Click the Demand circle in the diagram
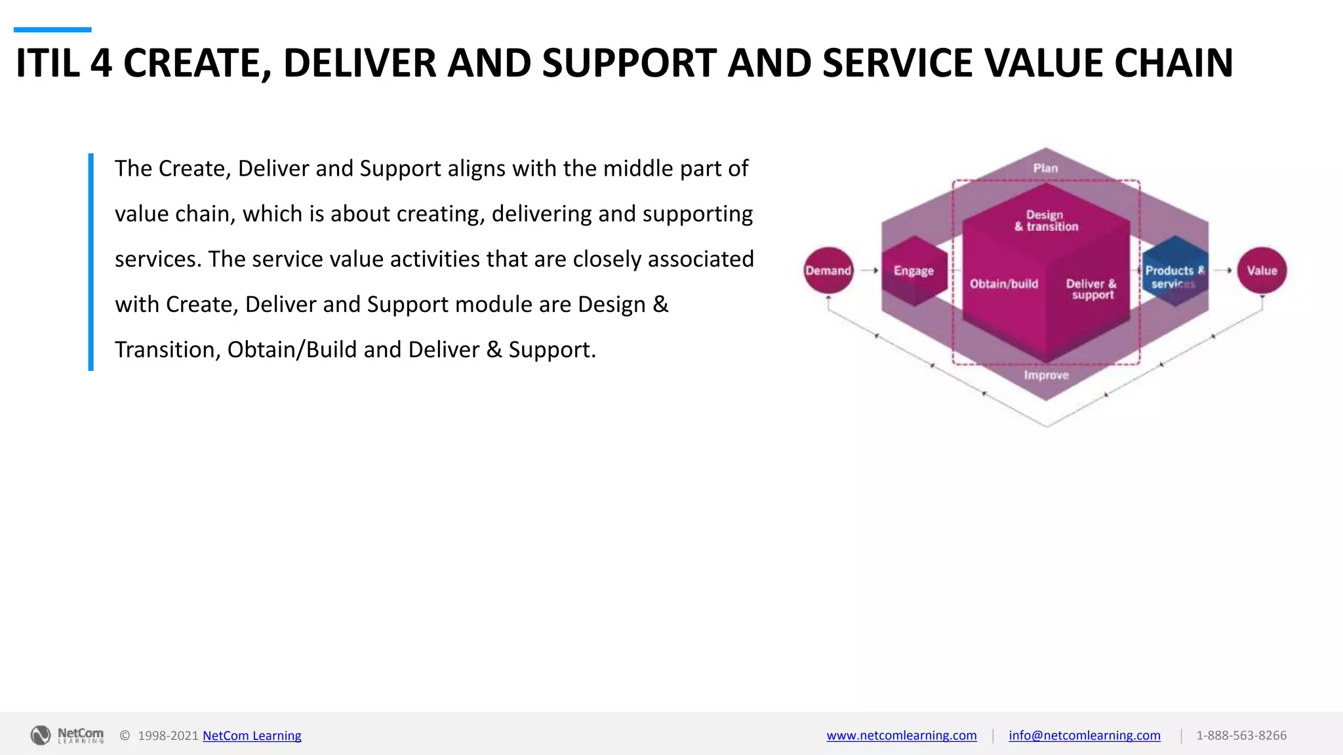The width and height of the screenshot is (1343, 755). (828, 270)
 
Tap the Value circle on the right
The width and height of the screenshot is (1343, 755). (1262, 270)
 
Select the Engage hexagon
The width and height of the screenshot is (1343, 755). (913, 271)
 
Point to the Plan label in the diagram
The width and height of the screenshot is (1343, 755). (1045, 168)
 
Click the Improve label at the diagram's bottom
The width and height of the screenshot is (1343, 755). (1046, 376)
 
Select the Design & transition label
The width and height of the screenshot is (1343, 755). (1046, 221)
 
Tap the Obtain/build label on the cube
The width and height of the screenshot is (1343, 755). (1004, 284)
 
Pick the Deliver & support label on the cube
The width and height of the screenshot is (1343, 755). (1092, 289)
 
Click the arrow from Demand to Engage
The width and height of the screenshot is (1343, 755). (869, 270)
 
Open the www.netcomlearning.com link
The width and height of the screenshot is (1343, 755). (901, 735)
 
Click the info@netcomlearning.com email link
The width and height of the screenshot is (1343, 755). (1084, 735)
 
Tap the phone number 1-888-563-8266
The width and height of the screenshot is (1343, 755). (1241, 735)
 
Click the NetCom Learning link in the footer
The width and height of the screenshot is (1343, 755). (252, 735)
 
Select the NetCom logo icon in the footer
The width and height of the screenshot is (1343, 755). (41, 735)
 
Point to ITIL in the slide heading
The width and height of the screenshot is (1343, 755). (47, 64)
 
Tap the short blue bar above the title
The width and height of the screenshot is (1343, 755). (52, 29)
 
